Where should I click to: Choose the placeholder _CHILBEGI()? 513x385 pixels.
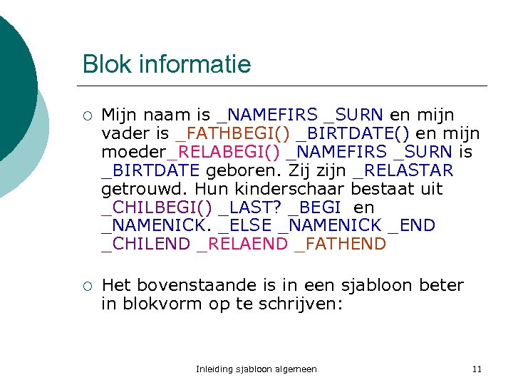pyautogui.click(x=157, y=207)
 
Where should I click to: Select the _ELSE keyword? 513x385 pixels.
pyautogui.click(x=245, y=226)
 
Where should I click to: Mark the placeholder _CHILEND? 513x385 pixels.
pyautogui.click(x=146, y=245)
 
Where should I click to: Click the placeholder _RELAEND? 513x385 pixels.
pyautogui.click(x=242, y=245)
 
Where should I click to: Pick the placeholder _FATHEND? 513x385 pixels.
pyautogui.click(x=341, y=245)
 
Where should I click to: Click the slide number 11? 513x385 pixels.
pyautogui.click(x=477, y=369)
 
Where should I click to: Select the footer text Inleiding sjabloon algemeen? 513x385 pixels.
pyautogui.click(x=256, y=369)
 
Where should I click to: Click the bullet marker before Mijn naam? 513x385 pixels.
pyautogui.click(x=86, y=115)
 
